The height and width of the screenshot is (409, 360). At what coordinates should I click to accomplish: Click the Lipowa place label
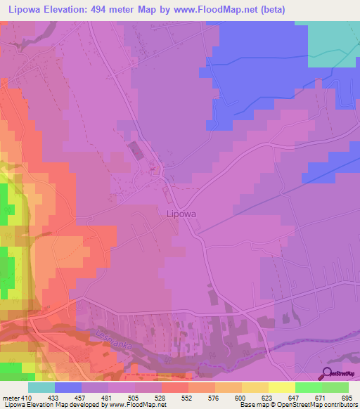181,215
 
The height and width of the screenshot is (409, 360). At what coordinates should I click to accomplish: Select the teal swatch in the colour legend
41,387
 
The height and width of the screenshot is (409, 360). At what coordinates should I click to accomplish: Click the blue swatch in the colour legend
68,387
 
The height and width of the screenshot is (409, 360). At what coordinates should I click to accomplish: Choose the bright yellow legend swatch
282,387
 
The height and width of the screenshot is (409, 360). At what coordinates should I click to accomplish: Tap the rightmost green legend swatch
335,387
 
